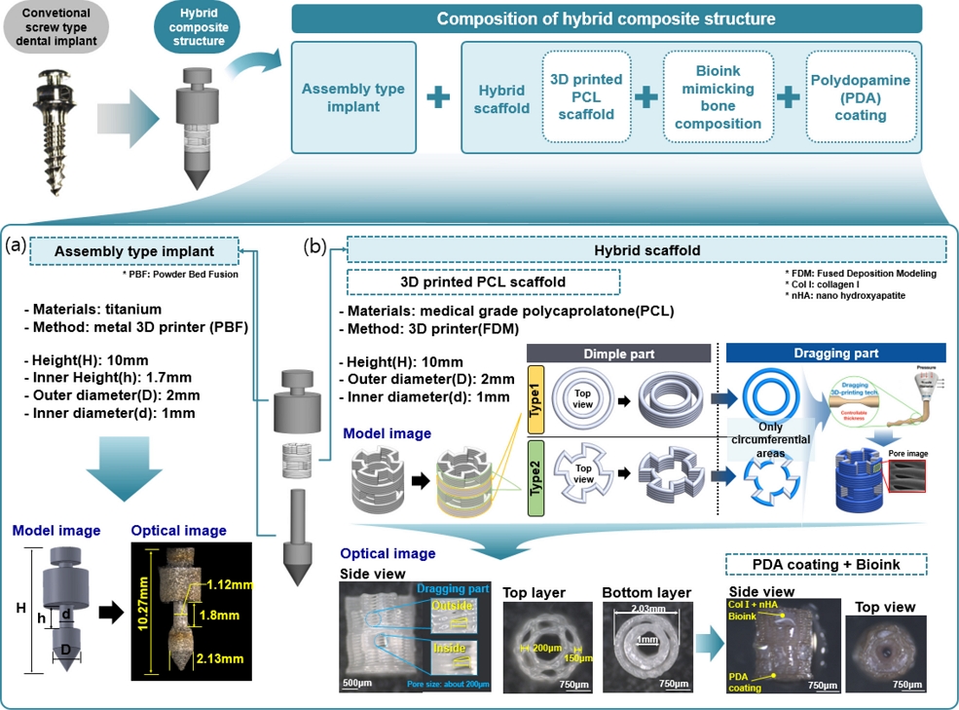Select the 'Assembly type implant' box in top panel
coord(353,97)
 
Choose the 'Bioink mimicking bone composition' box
coord(718,97)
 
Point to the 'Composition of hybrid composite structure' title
coord(606,19)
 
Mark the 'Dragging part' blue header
coord(835,354)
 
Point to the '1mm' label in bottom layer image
coord(646,639)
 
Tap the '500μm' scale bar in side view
coord(356,682)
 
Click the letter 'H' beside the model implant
coord(19,608)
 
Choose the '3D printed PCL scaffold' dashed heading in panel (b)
coord(484,282)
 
